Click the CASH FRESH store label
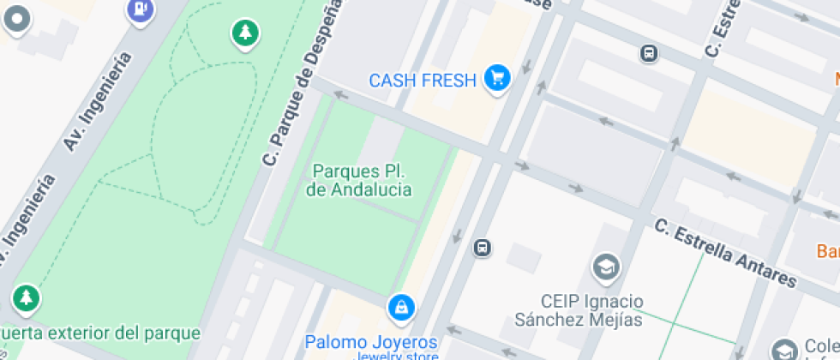click(x=422, y=81)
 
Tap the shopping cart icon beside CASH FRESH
click(x=496, y=79)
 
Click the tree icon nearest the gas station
click(x=246, y=33)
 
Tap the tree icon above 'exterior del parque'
click(x=27, y=298)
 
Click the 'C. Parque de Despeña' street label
click(x=299, y=84)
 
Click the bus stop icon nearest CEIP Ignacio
click(x=483, y=248)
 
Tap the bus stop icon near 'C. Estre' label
click(x=649, y=53)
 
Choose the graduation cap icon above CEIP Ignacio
click(x=606, y=266)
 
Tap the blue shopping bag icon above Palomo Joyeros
click(x=400, y=307)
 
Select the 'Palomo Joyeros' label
click(x=371, y=342)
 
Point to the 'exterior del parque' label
click(x=100, y=333)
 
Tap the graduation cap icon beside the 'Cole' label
click(x=783, y=351)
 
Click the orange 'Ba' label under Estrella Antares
click(x=827, y=252)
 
